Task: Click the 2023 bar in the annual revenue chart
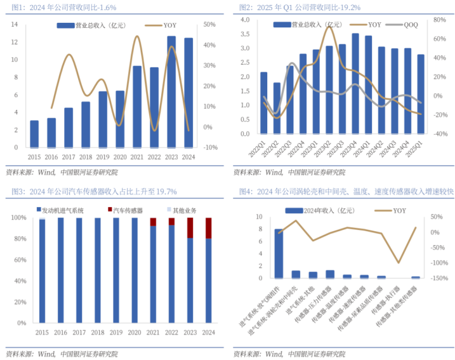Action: coord(171,92)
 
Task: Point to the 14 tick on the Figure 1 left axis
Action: coord(13,24)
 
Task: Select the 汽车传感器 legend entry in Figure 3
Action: coord(125,209)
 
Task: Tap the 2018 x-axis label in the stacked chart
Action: coord(97,332)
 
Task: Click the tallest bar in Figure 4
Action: coord(279,253)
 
